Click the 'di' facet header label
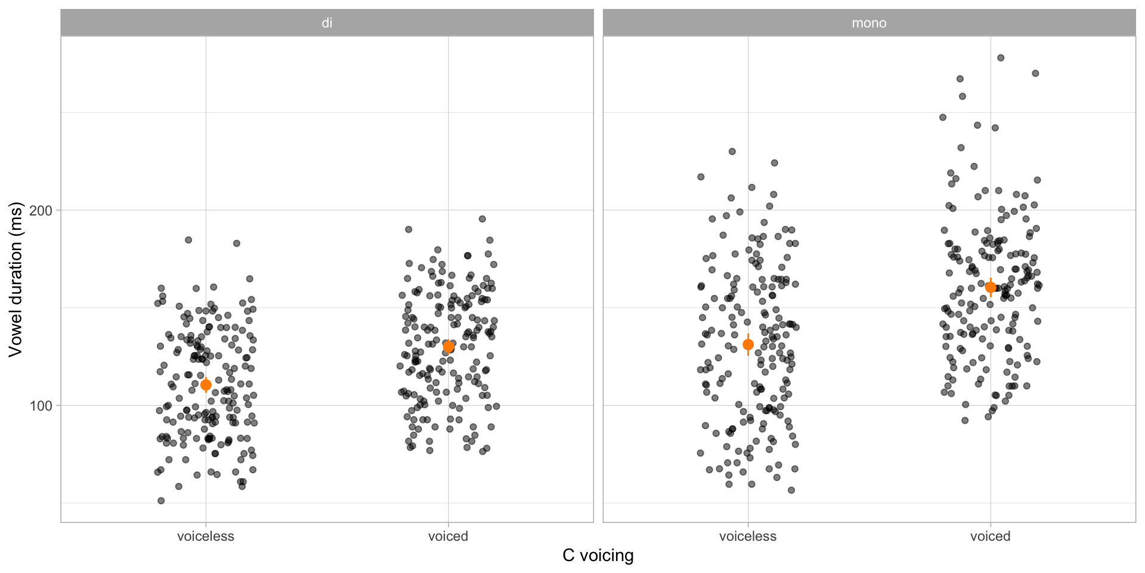[327, 23]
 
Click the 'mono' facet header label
[869, 23]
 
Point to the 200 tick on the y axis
[41, 211]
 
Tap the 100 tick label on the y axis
[41, 406]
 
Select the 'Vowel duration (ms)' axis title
[16, 279]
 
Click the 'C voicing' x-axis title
[598, 556]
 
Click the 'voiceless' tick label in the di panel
[206, 536]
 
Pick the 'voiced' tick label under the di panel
[448, 536]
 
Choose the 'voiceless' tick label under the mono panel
[748, 536]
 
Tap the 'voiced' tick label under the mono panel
[990, 536]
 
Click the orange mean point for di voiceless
[206, 385]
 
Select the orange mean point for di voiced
[448, 346]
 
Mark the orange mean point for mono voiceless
[748, 344]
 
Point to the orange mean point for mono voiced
[991, 288]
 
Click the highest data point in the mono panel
[1001, 58]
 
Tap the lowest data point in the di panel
[161, 501]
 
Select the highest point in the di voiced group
[482, 219]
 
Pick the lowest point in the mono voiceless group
[791, 490]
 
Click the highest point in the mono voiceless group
[732, 152]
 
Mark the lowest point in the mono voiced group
[965, 420]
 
